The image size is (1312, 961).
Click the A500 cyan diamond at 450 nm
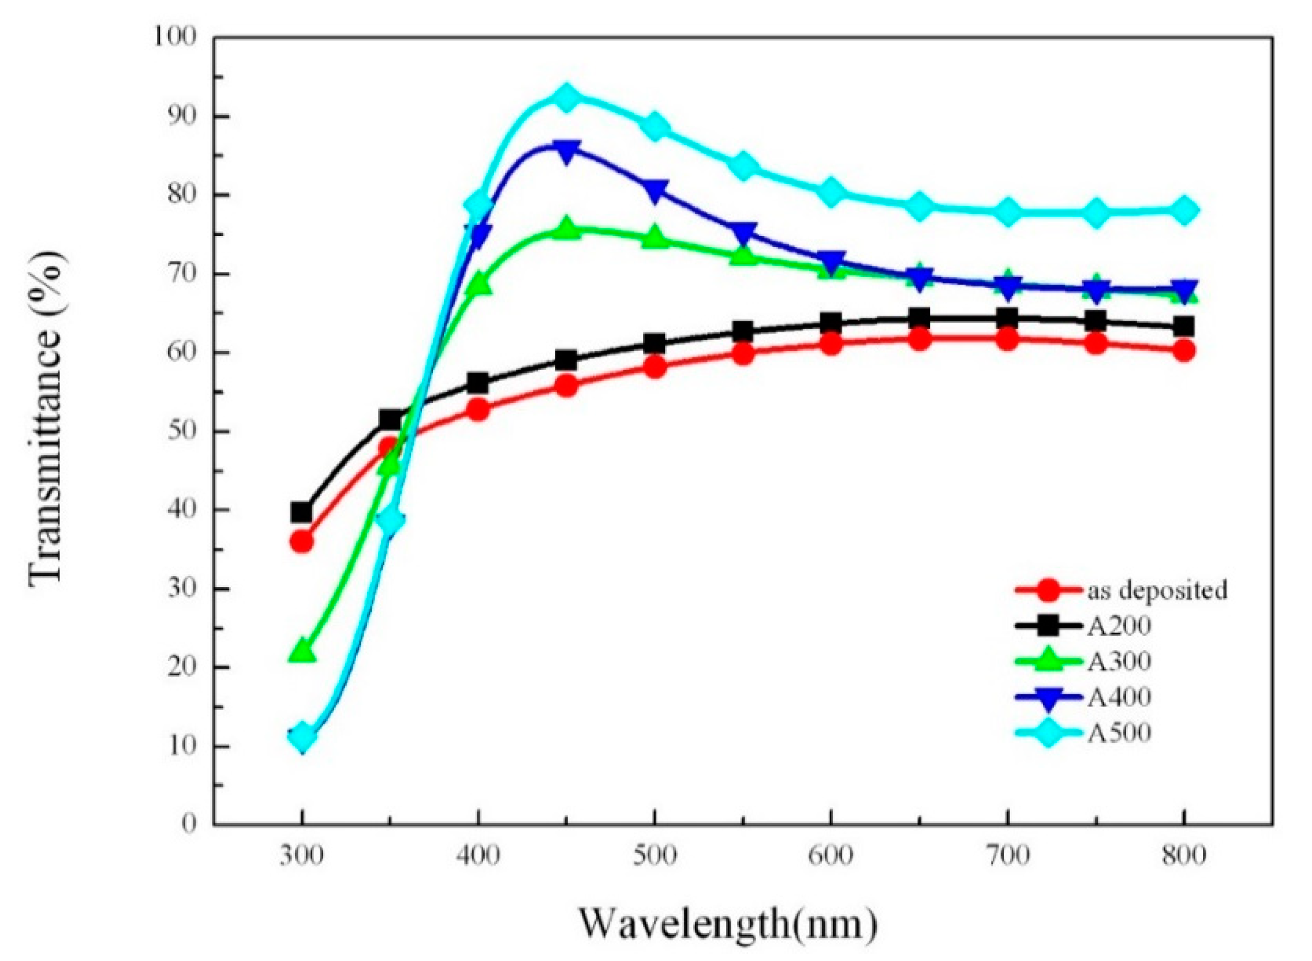tap(566, 96)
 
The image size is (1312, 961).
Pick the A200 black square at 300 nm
tap(301, 513)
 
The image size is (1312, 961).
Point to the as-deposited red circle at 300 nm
tap(301, 542)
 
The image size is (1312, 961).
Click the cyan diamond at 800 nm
tap(1184, 211)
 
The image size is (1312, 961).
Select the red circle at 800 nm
tap(1184, 351)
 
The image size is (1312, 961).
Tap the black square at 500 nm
tap(655, 343)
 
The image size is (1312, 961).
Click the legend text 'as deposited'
tap(1157, 590)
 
